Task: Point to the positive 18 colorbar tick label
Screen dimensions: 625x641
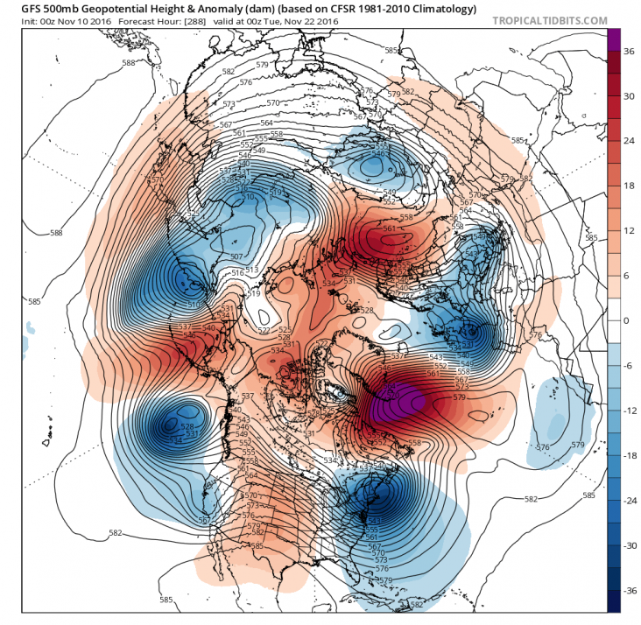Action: click(x=628, y=186)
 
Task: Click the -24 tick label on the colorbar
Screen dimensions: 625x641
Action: click(x=628, y=500)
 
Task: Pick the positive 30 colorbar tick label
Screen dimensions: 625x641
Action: click(x=628, y=96)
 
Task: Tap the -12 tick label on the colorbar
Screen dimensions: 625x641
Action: click(x=628, y=411)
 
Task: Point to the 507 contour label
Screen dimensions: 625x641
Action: click(x=236, y=256)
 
